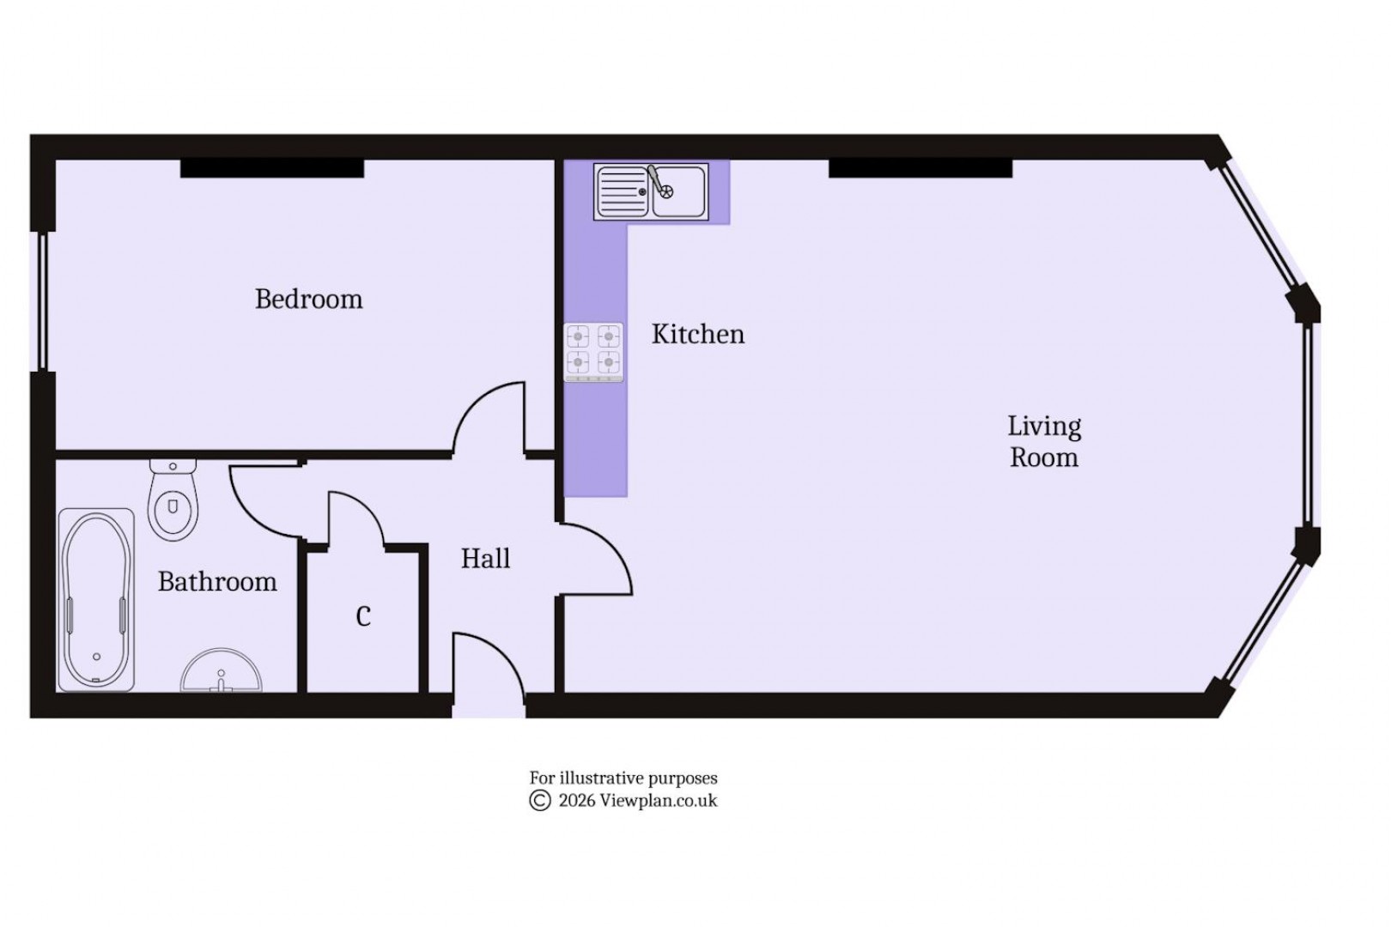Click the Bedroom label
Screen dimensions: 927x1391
[308, 300]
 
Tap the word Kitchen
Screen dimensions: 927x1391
[697, 334]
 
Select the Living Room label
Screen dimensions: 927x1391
[1043, 441]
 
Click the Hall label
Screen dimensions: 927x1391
[485, 559]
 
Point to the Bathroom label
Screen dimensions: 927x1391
[217, 582]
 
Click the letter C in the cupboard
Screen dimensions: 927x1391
[363, 616]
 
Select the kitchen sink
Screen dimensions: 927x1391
[651, 191]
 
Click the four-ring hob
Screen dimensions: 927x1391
[593, 352]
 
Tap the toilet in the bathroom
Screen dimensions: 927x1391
[173, 502]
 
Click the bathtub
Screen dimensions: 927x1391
[96, 599]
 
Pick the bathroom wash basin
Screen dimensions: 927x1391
[221, 672]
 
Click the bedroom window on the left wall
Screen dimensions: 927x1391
[38, 301]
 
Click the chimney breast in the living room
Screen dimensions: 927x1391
[920, 168]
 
